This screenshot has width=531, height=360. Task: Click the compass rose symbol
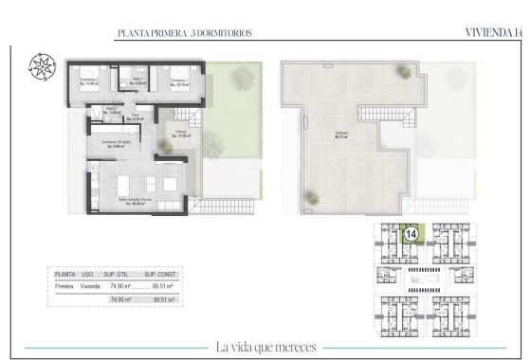tap(43, 67)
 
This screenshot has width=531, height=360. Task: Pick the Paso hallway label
tap(136, 117)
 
